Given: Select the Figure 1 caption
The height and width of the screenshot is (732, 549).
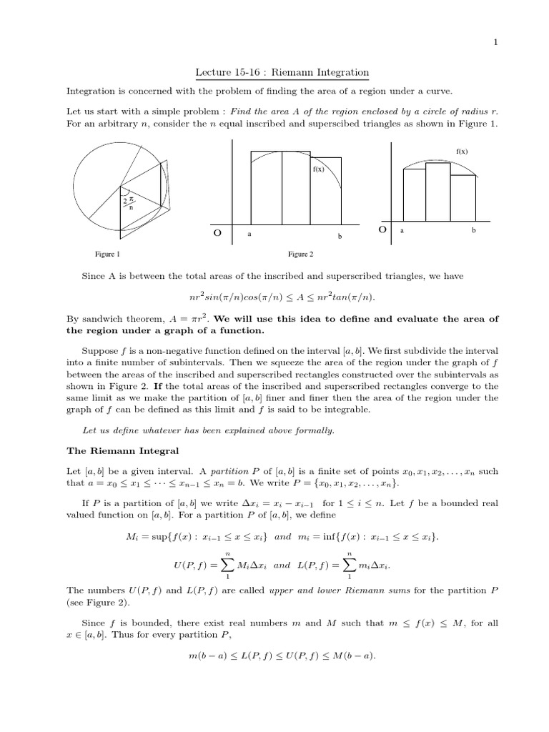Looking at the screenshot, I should (108, 254).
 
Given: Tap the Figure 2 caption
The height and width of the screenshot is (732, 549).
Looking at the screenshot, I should (300, 254).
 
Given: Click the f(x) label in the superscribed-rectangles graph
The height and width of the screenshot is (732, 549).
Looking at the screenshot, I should (318, 169).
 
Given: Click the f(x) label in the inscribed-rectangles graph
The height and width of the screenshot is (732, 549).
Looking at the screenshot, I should (462, 152).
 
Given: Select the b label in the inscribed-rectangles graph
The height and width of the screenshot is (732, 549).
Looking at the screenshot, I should (473, 231).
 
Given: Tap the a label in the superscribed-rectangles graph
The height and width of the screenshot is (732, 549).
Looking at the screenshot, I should (249, 234).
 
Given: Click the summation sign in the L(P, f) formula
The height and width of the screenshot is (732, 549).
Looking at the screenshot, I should (350, 565).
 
